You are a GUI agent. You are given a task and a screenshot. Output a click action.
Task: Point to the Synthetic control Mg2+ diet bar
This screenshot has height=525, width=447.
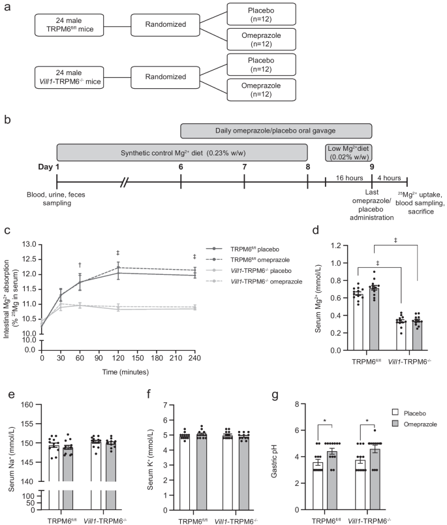click(x=182, y=153)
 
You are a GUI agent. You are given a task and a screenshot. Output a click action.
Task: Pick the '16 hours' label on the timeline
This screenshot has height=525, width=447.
click(x=348, y=178)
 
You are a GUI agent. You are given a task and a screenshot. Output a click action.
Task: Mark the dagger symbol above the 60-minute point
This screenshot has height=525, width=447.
click(x=81, y=264)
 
